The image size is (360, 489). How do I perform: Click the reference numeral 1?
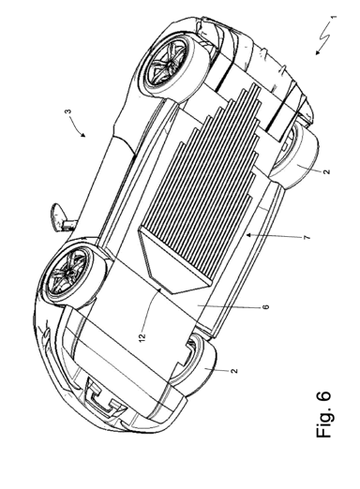coord(334,17)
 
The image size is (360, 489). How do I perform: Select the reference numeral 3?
coord(69,111)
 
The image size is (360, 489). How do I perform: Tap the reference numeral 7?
coord(307,238)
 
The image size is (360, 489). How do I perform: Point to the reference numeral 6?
coord(266,307)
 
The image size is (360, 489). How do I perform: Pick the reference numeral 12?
coord(142,337)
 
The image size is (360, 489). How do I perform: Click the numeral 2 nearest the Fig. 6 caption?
coord(235,371)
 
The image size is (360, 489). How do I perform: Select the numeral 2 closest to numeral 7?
coord(326,171)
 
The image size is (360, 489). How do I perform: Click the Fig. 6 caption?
coord(323,414)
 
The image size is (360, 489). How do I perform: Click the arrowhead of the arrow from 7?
coord(247,235)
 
